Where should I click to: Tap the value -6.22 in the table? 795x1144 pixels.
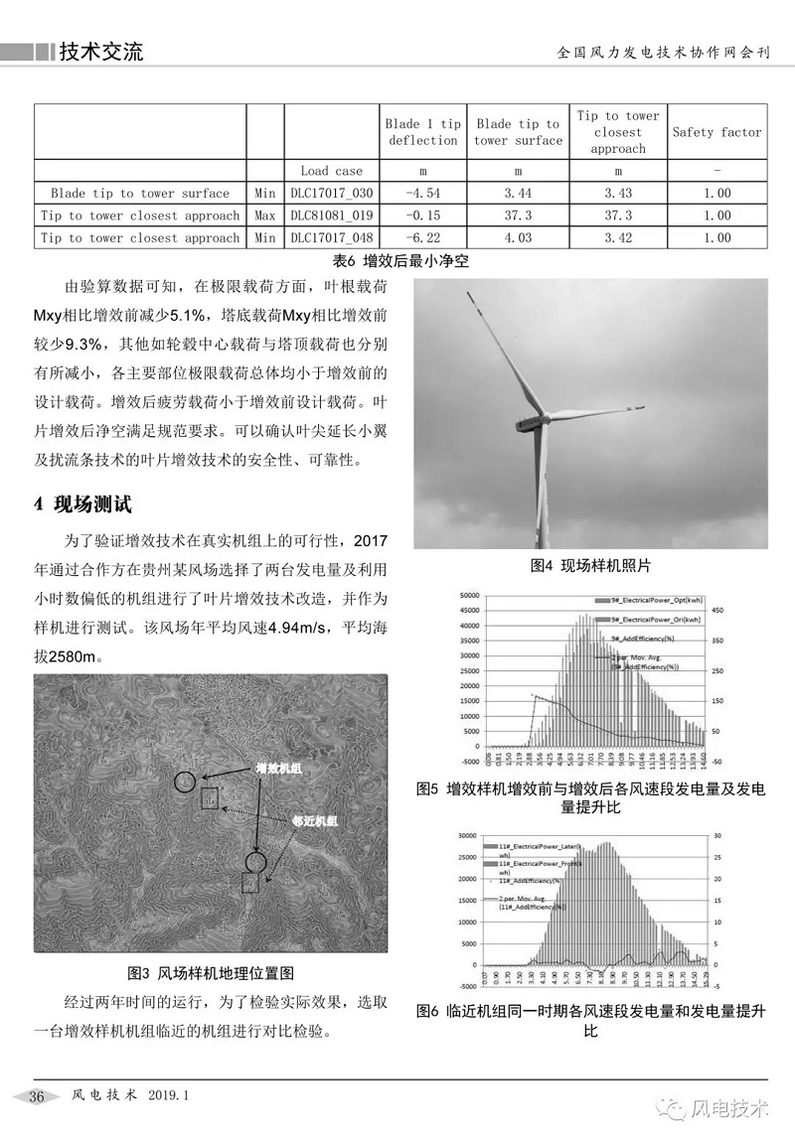click(423, 238)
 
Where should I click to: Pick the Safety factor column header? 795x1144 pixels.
click(716, 132)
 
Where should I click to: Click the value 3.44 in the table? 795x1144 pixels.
click(518, 194)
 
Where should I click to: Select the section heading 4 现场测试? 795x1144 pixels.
click(82, 503)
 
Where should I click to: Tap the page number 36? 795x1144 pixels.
click(38, 1096)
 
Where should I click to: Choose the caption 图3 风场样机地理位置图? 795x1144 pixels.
click(211, 972)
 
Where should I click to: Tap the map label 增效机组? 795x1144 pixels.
click(279, 768)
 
